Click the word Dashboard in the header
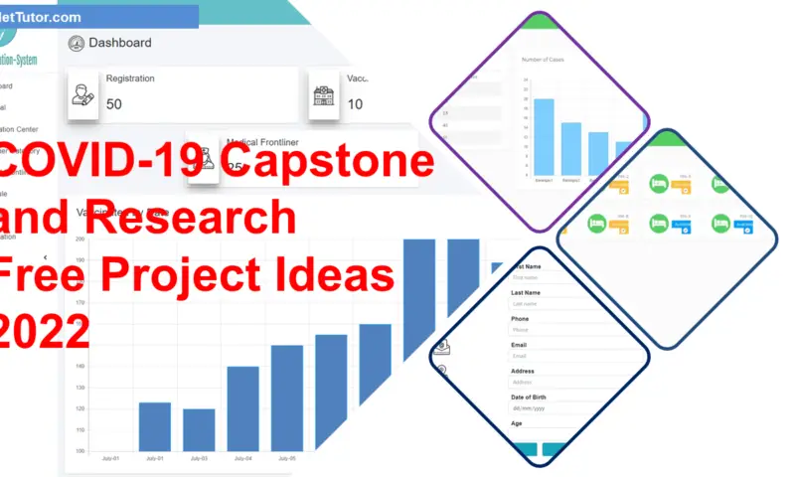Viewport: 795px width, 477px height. [120, 43]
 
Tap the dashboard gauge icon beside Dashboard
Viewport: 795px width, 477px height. [77, 43]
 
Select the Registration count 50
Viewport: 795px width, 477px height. [114, 104]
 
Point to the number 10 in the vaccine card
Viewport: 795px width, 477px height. [355, 104]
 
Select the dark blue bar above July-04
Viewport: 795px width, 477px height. [242, 408]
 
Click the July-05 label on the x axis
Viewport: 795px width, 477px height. [286, 459]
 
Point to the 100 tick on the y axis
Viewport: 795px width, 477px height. [79, 451]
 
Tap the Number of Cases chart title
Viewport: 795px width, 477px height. [543, 60]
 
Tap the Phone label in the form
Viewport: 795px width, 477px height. [520, 319]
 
